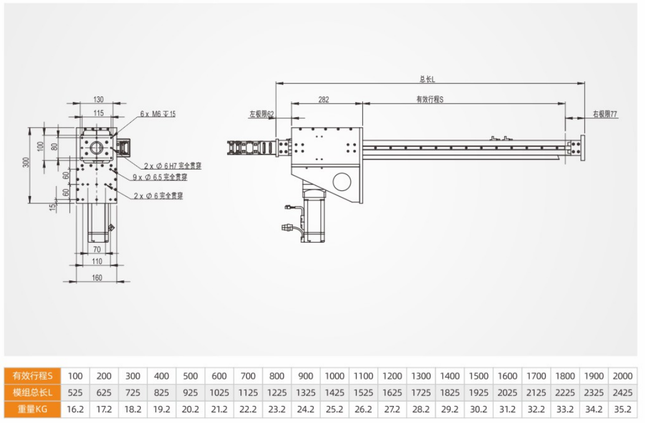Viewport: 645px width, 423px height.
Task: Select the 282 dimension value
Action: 323,99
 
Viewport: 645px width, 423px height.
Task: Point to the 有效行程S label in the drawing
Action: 430,99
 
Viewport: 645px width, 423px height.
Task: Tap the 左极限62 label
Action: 261,114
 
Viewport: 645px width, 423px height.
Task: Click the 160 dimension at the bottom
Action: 96,277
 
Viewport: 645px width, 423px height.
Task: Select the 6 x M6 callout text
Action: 158,114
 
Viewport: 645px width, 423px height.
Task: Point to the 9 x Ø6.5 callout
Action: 160,177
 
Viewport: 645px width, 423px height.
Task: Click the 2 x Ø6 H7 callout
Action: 172,166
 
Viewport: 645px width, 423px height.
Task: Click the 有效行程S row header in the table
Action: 32,376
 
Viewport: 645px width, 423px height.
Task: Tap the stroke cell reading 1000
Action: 335,376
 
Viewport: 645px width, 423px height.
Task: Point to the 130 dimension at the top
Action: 98,100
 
